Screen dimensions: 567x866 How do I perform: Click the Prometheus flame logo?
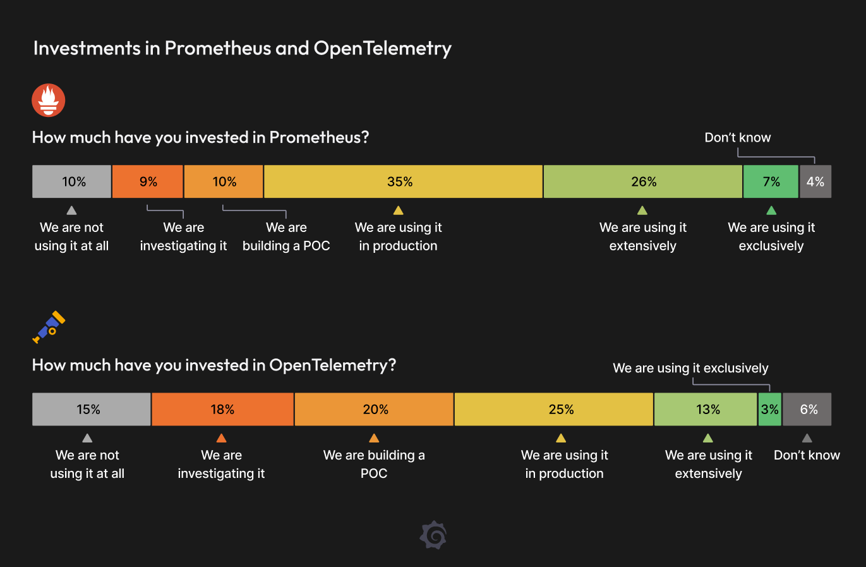click(49, 101)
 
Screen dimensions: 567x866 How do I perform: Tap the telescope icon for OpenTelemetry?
click(49, 327)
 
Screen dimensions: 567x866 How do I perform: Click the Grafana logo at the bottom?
click(433, 535)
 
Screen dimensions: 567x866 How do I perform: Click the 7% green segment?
click(771, 181)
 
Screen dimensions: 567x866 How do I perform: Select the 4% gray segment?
click(815, 181)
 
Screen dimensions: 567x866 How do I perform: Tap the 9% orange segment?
click(148, 181)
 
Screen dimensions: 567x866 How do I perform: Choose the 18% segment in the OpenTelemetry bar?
click(222, 409)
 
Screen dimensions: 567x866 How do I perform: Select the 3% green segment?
click(769, 409)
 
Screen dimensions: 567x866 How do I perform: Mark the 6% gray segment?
click(807, 409)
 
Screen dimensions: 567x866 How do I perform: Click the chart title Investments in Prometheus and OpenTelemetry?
click(242, 49)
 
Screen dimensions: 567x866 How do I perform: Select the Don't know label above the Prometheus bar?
click(737, 138)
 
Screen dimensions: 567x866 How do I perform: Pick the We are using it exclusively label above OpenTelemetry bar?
click(690, 368)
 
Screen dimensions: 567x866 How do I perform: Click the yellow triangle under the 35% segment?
click(398, 210)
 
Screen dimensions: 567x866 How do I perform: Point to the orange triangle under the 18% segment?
click(221, 438)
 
